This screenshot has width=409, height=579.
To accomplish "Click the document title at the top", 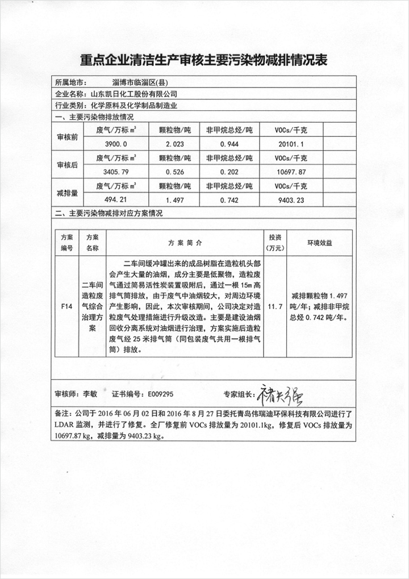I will [x=204, y=60].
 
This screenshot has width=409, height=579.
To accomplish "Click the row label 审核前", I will [x=68, y=138].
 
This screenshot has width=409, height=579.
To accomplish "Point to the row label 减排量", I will [x=68, y=193].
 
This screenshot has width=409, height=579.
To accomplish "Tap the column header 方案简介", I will [x=185, y=243].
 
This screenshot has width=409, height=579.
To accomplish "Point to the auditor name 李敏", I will [x=91, y=393].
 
